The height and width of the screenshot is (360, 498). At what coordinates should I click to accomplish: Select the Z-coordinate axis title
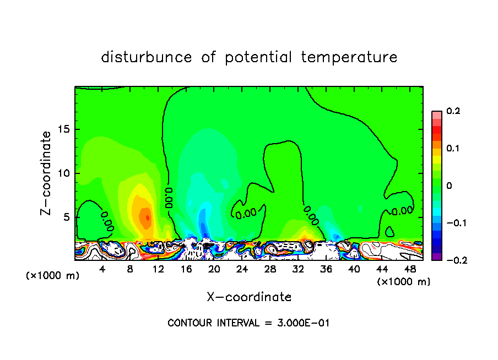pos(47,173)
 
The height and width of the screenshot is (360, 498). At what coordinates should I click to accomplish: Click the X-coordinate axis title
pos(249,297)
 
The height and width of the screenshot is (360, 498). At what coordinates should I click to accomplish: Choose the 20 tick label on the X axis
pos(214,269)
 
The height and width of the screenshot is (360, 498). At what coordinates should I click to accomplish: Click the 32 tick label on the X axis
pos(298,269)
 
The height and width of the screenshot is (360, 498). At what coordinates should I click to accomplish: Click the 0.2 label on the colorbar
pos(453,111)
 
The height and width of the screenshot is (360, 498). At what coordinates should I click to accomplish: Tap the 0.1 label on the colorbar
pos(453,149)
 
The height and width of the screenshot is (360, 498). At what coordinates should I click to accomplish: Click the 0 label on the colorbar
pos(449,186)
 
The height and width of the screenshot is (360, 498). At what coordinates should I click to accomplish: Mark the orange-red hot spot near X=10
pos(146,216)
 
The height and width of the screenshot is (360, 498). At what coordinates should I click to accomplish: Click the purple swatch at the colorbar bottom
pos(437,257)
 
